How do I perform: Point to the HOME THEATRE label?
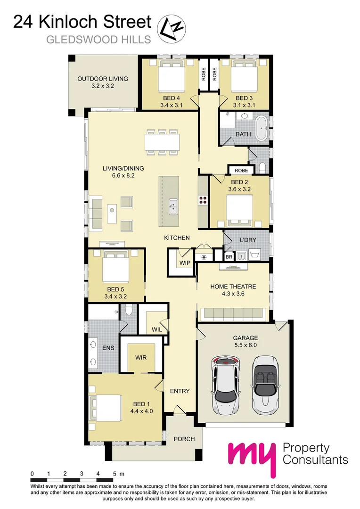point(233,286)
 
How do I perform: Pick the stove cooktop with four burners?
point(203,199)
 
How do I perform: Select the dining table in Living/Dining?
point(162,140)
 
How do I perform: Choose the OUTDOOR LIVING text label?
point(103,79)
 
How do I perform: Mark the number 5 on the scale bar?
point(115,473)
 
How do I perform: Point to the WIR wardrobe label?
point(141,358)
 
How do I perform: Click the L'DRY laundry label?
point(248,240)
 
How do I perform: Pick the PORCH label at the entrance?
point(184,439)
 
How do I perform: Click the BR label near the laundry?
point(229,257)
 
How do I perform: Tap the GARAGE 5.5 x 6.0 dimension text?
point(245,345)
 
